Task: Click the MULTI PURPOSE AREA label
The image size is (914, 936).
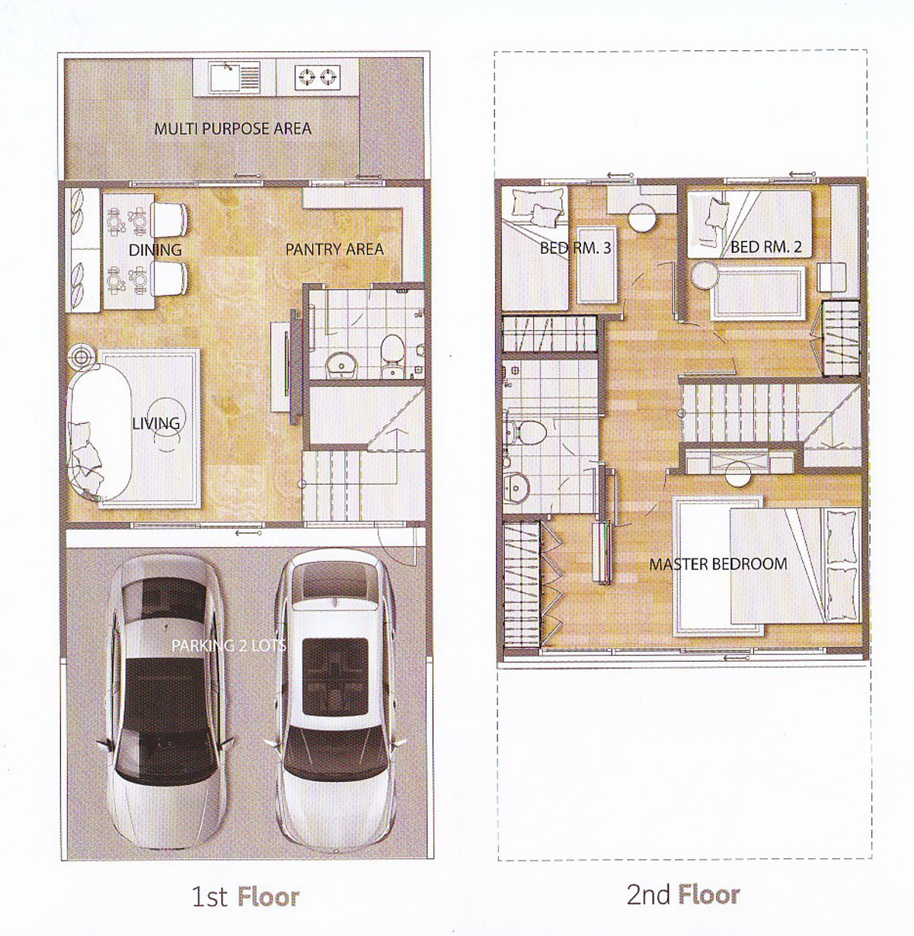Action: (232, 129)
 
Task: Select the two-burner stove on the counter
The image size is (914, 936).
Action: (317, 76)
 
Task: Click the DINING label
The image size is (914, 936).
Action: (155, 250)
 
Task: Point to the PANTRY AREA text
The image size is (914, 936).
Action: (334, 249)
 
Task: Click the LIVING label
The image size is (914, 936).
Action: (156, 423)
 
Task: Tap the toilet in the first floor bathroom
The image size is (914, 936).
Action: (391, 355)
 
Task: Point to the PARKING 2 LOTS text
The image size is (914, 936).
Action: (228, 645)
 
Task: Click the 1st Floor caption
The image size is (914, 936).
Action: (245, 896)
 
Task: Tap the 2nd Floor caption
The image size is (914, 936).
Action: (683, 895)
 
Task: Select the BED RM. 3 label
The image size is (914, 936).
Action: (575, 248)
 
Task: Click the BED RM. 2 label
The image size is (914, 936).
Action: (766, 247)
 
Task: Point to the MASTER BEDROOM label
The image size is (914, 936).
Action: (718, 564)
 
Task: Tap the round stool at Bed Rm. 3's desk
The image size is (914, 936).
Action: (643, 218)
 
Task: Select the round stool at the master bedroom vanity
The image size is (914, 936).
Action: (737, 473)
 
